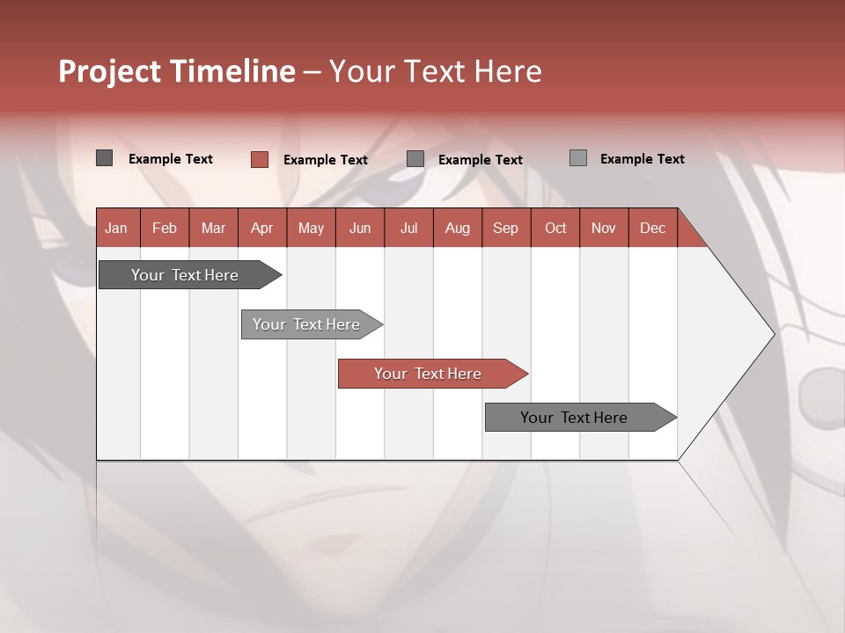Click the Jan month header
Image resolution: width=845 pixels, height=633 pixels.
pos(116,228)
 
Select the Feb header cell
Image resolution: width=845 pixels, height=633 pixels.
pos(165,228)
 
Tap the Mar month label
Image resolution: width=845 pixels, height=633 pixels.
pos(213,228)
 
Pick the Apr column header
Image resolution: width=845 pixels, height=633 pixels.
pos(261,228)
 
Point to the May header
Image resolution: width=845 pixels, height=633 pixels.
pos(311,228)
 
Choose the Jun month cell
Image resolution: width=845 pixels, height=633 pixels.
pos(360,228)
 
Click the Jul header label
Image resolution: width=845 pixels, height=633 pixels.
pos(408,228)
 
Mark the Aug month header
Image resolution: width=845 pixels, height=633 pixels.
pos(457,228)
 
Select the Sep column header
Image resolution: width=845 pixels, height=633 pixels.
pos(505,228)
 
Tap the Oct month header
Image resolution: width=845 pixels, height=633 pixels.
pos(555,228)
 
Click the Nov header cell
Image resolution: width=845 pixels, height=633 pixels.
pos(603,228)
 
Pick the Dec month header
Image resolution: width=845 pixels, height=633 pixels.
pos(652,228)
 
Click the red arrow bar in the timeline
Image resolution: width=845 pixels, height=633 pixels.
pos(429,374)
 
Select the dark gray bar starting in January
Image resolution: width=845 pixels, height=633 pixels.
pos(186,275)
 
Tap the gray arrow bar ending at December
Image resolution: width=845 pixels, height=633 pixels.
pos(575,418)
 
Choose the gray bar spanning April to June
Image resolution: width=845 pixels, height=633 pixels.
pos(307,324)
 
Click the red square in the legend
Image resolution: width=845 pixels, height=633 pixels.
pos(260,159)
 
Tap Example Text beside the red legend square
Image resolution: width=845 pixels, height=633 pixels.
pos(326,160)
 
